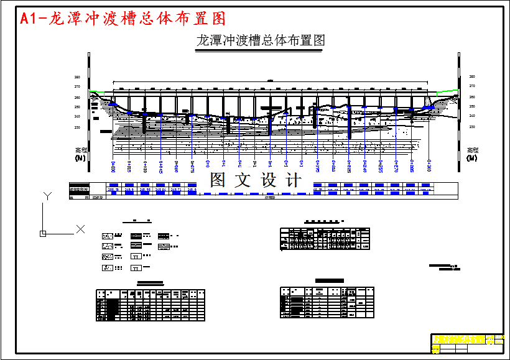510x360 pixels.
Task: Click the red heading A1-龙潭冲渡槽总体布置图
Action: [x=123, y=19]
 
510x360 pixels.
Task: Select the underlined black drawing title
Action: [x=260, y=41]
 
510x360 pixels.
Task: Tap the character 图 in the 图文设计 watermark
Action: [x=218, y=180]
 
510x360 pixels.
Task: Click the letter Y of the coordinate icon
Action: [x=46, y=196]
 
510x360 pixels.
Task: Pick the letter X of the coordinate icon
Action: [x=80, y=229]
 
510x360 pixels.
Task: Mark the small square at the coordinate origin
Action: [x=43, y=233]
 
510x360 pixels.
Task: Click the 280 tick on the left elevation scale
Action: [x=77, y=77]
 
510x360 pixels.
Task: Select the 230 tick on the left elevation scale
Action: [x=77, y=127]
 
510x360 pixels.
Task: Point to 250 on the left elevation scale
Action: [x=77, y=107]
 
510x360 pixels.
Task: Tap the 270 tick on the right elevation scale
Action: [x=472, y=86]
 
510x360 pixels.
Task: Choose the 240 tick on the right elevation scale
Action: [x=472, y=116]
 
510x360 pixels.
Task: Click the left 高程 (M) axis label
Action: [x=81, y=154]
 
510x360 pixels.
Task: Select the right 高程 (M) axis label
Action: [x=473, y=154]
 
